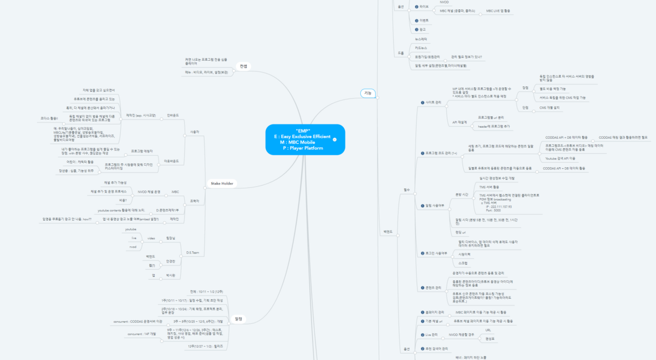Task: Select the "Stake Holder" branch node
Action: tap(222, 184)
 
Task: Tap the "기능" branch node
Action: tap(368, 93)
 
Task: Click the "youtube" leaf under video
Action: tap(131, 229)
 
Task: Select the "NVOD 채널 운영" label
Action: tap(149, 192)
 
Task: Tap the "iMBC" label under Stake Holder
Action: tap(175, 192)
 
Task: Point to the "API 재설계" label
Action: tap(459, 122)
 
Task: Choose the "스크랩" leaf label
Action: tap(462, 263)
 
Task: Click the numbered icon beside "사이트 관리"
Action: tap(421, 102)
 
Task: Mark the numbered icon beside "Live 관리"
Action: tap(421, 334)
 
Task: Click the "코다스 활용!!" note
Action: tap(50, 118)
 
